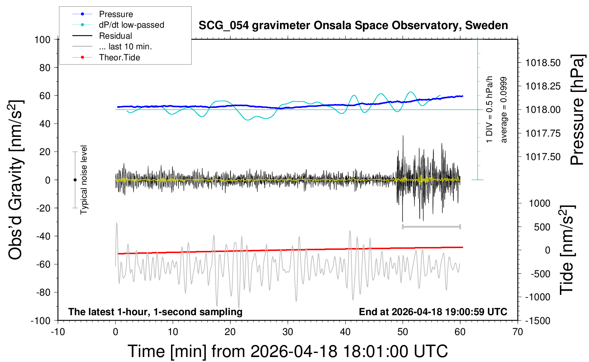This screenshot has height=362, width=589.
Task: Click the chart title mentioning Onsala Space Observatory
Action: [x=353, y=26]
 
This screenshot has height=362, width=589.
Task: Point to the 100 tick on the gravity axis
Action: [x=42, y=39]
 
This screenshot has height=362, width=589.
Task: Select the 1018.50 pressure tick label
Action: [x=543, y=63]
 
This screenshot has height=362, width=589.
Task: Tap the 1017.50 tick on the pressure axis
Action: [x=543, y=157]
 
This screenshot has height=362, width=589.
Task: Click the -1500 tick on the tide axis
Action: [x=538, y=321]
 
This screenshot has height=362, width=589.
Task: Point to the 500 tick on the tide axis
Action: [x=542, y=227]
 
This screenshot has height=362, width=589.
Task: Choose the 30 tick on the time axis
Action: [x=288, y=332]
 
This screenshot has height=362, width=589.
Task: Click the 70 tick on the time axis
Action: [x=518, y=332]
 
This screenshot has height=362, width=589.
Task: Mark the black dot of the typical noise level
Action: [x=75, y=180]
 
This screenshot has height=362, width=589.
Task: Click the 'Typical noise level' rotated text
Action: [x=84, y=180]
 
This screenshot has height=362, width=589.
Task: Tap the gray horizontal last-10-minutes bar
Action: [x=431, y=226]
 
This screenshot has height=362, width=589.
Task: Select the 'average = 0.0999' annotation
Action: [x=504, y=110]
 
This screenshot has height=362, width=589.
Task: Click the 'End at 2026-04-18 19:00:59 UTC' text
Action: [x=433, y=312]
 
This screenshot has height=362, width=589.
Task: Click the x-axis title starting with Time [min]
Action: [x=288, y=351]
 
